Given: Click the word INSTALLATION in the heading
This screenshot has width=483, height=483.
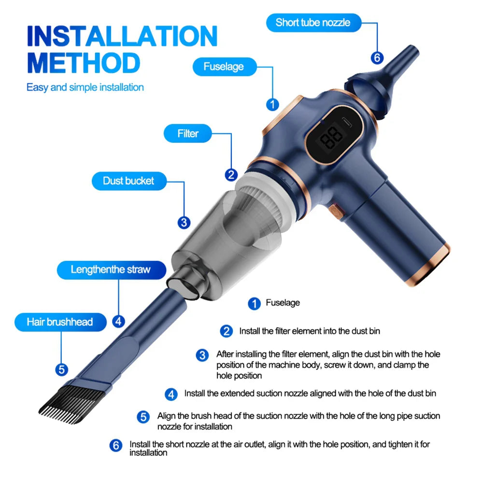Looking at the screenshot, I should coord(122,36).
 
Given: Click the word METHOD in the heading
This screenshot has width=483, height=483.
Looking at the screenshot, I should coord(83,63).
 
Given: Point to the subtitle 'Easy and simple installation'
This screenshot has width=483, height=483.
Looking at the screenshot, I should coord(85,87).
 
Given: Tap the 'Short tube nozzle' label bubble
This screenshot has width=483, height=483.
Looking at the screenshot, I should coord(313,22).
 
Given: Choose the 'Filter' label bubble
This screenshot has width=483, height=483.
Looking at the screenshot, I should coord(188,133).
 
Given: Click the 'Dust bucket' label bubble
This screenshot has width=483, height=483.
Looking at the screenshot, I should coord(128,181).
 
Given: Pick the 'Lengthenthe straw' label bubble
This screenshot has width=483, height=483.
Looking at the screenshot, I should coord(111,270).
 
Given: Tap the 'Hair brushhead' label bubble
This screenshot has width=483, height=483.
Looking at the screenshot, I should coord(59,322).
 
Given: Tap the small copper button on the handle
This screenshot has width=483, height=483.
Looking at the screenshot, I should coord(335,211).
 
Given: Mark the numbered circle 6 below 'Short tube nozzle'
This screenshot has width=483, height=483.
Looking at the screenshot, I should coord(377,58).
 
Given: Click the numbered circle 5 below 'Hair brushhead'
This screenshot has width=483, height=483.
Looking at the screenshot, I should coord(61,369).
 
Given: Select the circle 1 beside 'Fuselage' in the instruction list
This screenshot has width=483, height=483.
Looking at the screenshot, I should coord(254,303).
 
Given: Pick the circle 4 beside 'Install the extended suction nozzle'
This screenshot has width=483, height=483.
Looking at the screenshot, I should coord(171,394).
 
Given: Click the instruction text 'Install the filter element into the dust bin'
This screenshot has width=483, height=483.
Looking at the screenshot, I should coord(310,331).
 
